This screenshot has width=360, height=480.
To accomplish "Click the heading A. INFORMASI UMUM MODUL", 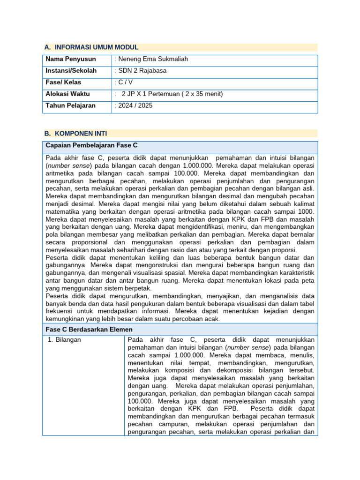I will coord(91,47).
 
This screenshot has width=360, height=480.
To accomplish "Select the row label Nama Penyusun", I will coord(71,59).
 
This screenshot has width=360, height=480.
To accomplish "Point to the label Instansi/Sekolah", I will coord(71,71).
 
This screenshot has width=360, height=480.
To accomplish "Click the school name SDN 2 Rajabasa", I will coord(140,71).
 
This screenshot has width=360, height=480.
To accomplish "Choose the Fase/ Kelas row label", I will coord(63,82).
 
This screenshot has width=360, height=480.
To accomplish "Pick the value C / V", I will coord(124,82).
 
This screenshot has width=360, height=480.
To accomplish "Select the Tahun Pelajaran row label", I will coord(70,106).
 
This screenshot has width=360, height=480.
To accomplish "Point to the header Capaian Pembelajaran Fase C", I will coord(91,145).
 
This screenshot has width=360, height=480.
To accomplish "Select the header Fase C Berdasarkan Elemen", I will coord(89,330).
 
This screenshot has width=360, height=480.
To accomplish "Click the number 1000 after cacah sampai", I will coord(307,212).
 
